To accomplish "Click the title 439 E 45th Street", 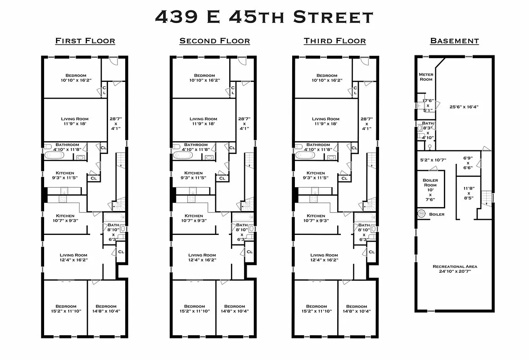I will pyautogui.click(x=264, y=17).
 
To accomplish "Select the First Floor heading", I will pyautogui.click(x=85, y=41).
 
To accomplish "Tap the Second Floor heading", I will pyautogui.click(x=214, y=41).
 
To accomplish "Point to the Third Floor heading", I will pyautogui.click(x=335, y=41).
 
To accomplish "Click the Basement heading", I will pyautogui.click(x=454, y=41).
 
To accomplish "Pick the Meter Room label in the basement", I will pyautogui.click(x=425, y=76).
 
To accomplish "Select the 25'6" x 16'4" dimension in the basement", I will pyautogui.click(x=464, y=107).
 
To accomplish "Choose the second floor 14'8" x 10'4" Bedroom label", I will pyautogui.click(x=235, y=309).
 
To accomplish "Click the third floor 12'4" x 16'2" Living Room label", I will pyautogui.click(x=324, y=257).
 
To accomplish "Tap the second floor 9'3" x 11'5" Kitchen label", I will pyautogui.click(x=194, y=175).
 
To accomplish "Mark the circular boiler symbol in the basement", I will pyautogui.click(x=422, y=214).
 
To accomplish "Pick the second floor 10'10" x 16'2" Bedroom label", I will pyautogui.click(x=204, y=78).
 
